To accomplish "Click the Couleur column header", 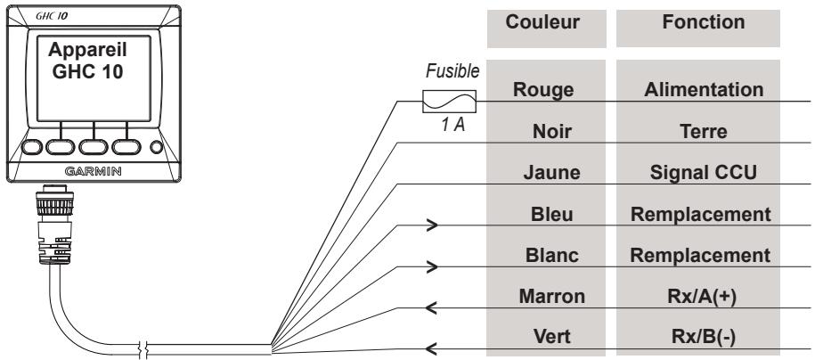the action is pyautogui.click(x=542, y=22).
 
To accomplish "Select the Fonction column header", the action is pyautogui.click(x=704, y=22).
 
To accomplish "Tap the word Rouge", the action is pyautogui.click(x=543, y=89).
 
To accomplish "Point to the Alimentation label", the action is pyautogui.click(x=704, y=89).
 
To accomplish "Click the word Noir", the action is pyautogui.click(x=552, y=132).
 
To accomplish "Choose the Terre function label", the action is pyautogui.click(x=704, y=132).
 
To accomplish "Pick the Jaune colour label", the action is pyautogui.click(x=551, y=172).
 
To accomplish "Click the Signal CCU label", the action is pyautogui.click(x=704, y=172).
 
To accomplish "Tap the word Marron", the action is pyautogui.click(x=552, y=296).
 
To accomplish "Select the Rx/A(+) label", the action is pyautogui.click(x=702, y=297).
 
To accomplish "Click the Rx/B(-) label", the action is pyautogui.click(x=702, y=337).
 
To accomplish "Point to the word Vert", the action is pyautogui.click(x=552, y=337).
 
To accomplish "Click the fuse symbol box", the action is pyautogui.click(x=449, y=101).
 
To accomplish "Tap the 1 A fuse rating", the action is pyautogui.click(x=452, y=126).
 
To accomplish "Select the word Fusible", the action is pyautogui.click(x=452, y=71).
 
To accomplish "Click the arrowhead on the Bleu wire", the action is pyautogui.click(x=433, y=225).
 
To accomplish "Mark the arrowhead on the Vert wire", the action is pyautogui.click(x=430, y=348).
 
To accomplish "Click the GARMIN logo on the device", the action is pyautogui.click(x=93, y=171).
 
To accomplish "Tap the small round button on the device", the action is pyautogui.click(x=157, y=147).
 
